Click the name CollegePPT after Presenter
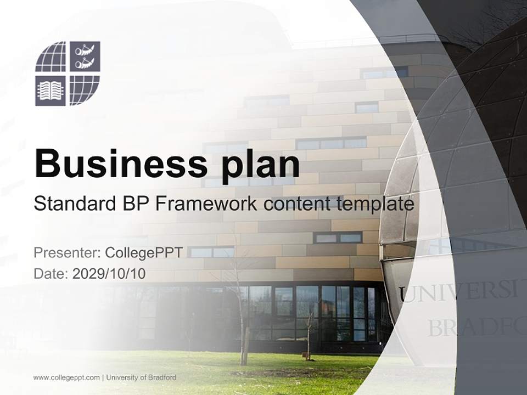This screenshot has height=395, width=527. click(x=143, y=252)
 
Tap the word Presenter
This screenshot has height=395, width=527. click(x=65, y=252)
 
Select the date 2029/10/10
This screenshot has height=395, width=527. click(x=109, y=273)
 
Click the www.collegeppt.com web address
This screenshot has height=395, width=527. click(x=66, y=377)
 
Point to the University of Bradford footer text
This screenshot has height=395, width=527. click(x=141, y=377)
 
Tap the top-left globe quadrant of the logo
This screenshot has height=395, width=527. click(x=51, y=57)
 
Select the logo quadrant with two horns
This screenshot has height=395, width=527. click(x=85, y=57)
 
